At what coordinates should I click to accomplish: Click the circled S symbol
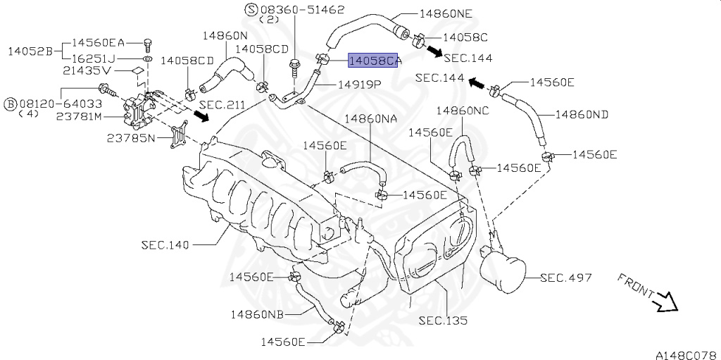(251, 9)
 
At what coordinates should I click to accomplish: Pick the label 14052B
(30, 51)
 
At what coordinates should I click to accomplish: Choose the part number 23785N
(130, 138)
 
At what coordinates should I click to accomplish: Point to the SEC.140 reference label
(165, 244)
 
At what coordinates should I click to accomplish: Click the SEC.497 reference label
(566, 278)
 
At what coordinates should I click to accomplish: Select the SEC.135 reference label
(443, 320)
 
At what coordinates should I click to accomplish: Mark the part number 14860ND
(582, 113)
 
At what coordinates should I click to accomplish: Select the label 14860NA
(371, 119)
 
